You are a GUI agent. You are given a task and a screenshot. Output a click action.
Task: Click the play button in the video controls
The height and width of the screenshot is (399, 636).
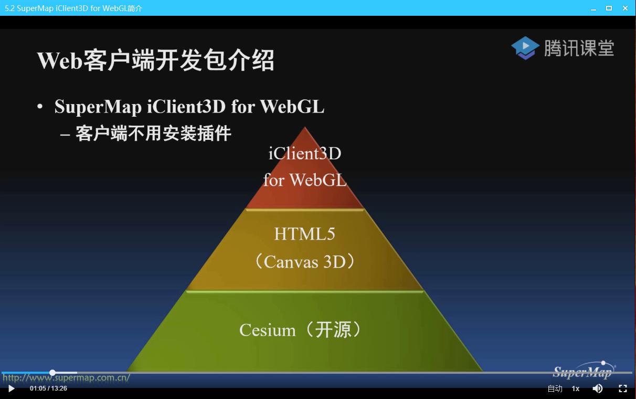click(12, 388)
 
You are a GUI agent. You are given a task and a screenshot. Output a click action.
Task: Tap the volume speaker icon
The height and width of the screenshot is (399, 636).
click(598, 388)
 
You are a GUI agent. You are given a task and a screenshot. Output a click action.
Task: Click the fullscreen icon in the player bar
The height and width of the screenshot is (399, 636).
click(623, 388)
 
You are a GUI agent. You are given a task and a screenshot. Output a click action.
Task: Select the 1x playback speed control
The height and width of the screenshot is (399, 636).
click(576, 388)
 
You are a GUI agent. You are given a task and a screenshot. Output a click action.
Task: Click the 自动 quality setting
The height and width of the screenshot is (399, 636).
click(555, 388)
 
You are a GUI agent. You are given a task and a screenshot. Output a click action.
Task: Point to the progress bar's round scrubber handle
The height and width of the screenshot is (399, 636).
click(52, 373)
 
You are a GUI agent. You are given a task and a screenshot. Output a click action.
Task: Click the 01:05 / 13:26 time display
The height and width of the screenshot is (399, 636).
click(48, 388)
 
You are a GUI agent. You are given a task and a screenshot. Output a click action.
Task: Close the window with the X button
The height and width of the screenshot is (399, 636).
click(624, 8)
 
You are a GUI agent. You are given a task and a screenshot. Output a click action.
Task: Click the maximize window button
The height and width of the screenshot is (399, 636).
click(609, 8)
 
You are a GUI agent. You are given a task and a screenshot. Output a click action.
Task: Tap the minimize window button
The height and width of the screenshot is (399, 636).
click(593, 8)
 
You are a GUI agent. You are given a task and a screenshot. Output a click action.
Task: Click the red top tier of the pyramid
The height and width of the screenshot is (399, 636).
click(305, 173)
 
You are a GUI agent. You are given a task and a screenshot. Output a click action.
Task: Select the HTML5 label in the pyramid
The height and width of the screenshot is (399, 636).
click(304, 234)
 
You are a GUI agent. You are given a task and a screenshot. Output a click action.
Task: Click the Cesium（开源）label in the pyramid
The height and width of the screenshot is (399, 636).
click(301, 330)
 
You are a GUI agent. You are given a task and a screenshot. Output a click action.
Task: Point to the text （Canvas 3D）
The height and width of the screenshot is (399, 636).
click(304, 261)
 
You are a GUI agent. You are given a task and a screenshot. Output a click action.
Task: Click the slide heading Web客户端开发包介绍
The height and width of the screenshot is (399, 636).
click(156, 60)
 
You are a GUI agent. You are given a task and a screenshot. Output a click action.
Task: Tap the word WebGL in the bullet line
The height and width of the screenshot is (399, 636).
click(292, 107)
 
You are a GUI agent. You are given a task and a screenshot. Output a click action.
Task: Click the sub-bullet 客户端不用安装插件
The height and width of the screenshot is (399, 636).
click(153, 134)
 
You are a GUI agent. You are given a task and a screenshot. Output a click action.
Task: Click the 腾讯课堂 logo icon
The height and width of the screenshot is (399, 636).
click(525, 48)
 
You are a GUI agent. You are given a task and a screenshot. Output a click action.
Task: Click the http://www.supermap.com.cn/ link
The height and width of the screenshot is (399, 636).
click(66, 377)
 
